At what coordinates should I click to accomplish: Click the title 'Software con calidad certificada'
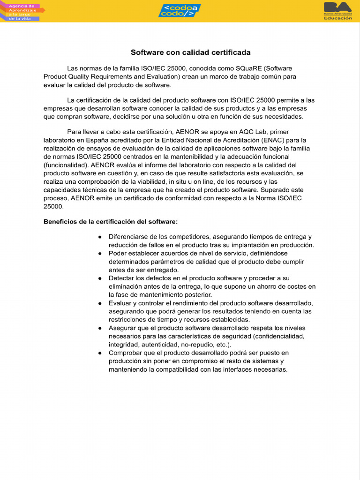(x=190, y=52)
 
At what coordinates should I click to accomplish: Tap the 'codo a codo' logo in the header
(x=180, y=11)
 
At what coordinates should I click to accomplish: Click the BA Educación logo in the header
(x=337, y=11)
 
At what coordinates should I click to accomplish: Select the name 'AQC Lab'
(x=254, y=132)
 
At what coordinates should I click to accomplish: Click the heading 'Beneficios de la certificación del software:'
(x=111, y=221)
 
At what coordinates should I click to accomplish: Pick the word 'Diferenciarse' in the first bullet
(x=127, y=237)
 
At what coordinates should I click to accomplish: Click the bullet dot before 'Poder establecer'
(x=100, y=253)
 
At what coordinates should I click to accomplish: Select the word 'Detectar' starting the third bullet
(x=121, y=278)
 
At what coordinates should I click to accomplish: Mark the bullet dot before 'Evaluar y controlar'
(x=100, y=303)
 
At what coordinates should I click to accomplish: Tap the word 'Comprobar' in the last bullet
(x=125, y=352)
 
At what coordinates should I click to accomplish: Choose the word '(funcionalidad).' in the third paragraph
(x=66, y=165)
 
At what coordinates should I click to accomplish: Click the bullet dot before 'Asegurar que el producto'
(x=100, y=328)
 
